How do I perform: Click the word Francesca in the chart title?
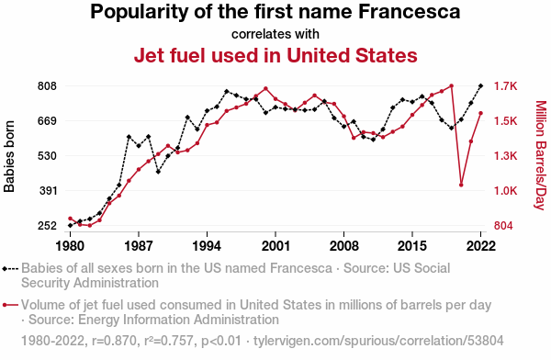click(409, 11)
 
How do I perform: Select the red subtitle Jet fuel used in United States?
click(275, 55)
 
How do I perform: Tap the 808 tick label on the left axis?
click(47, 86)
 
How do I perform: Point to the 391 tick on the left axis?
click(47, 191)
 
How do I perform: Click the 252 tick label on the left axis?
click(47, 226)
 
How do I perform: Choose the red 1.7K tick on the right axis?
click(506, 86)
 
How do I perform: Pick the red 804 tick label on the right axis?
click(503, 226)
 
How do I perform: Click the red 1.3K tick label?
click(506, 156)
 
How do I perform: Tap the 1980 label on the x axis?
click(71, 246)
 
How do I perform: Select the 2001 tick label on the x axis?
click(275, 246)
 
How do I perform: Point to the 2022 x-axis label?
click(480, 246)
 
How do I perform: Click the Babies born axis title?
click(9, 156)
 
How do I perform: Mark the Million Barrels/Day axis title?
click(541, 155)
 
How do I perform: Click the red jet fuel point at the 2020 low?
click(461, 185)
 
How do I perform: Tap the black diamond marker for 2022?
click(480, 85)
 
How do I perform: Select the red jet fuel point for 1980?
click(70, 219)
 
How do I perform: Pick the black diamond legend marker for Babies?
click(5, 269)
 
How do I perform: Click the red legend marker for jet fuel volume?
click(5, 305)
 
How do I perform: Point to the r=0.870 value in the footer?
click(114, 341)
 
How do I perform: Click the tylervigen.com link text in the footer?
click(378, 341)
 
